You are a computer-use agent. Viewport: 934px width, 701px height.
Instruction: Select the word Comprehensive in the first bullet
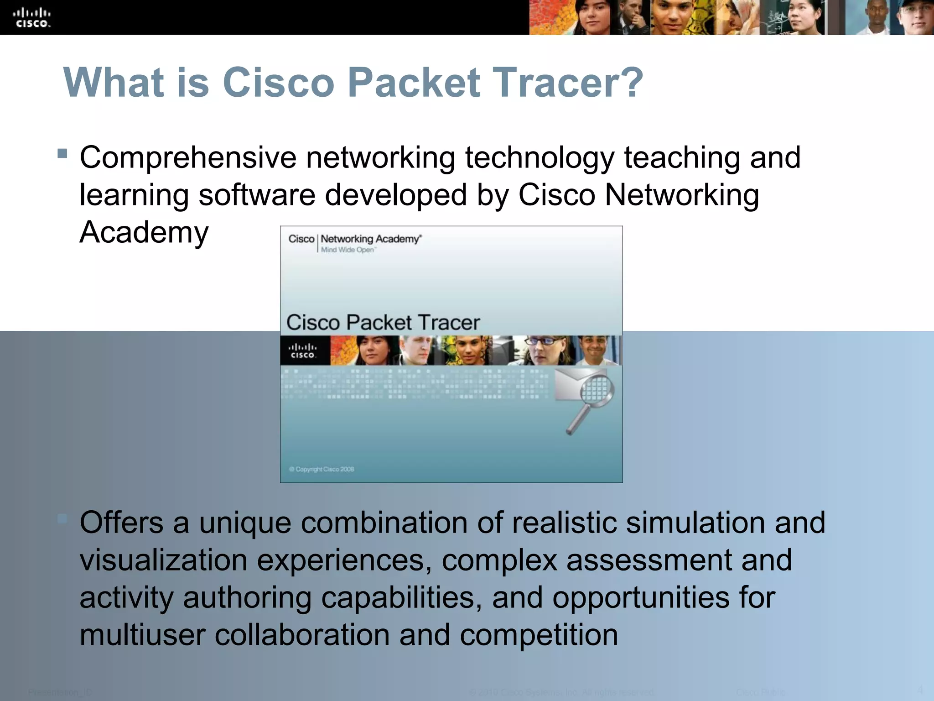(x=188, y=158)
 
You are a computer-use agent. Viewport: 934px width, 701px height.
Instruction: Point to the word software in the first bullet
(x=257, y=195)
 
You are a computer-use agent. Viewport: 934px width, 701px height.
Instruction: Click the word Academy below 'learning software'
(x=144, y=232)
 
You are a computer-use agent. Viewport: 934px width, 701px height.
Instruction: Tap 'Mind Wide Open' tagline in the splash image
(x=348, y=250)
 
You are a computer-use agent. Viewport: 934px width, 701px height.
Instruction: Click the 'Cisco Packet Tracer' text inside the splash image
(x=383, y=323)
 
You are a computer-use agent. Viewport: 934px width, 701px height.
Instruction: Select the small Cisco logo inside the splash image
(x=303, y=351)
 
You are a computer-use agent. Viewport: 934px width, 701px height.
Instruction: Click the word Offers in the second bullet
(x=121, y=523)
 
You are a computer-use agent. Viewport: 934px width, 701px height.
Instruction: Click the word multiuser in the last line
(x=142, y=635)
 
